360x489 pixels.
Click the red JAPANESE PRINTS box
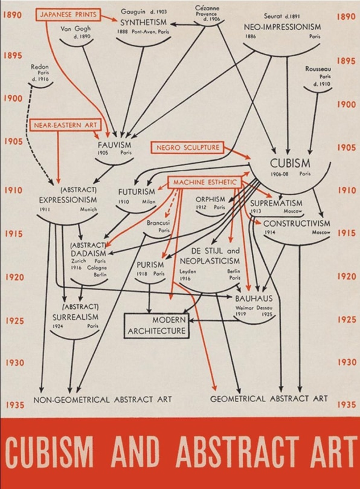coord(68,15)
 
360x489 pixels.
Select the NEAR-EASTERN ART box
coord(65,125)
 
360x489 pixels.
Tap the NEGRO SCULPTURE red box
coord(187,147)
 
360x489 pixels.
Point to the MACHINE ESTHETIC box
coord(205,182)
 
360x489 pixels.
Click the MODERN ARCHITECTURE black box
coord(157,326)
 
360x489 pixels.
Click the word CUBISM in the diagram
coord(290,163)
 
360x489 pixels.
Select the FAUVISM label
coord(114,145)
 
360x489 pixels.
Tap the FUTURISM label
coord(137,192)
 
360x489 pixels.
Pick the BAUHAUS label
coord(254,299)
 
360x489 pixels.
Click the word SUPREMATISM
coord(276,203)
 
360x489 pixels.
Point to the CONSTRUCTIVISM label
coord(297,223)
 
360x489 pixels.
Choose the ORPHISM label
coord(210,199)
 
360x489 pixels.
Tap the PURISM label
coord(150,265)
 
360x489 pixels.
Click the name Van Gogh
coord(76,28)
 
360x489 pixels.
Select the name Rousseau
coord(318,69)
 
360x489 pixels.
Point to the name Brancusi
coord(158,222)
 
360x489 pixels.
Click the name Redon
coord(40,66)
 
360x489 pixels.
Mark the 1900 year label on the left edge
coord(13,99)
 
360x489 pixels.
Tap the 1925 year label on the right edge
coord(347,320)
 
